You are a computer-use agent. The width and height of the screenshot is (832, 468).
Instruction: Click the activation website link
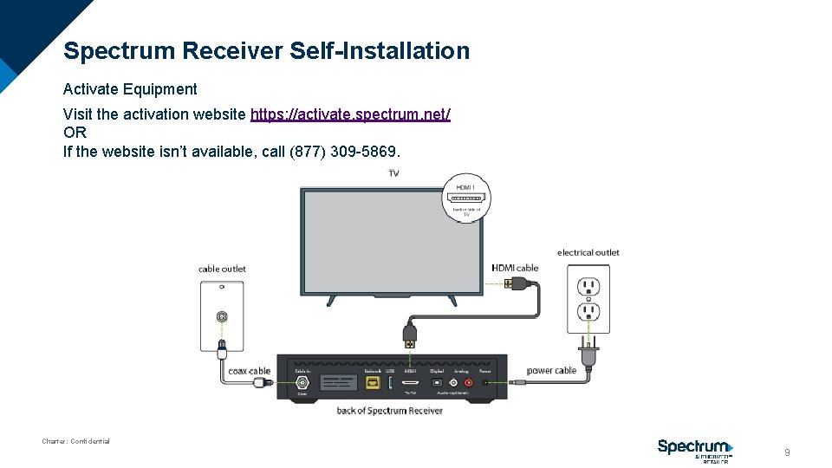tap(350, 114)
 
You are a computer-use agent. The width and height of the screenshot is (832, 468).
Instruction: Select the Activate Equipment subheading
tap(130, 89)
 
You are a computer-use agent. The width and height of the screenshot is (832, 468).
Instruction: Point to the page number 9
tap(787, 452)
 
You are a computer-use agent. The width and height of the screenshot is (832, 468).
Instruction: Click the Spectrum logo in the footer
tap(695, 448)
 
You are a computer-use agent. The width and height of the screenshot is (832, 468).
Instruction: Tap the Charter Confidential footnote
tap(75, 441)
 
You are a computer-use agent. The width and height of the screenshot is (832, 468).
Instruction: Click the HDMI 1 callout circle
tap(467, 198)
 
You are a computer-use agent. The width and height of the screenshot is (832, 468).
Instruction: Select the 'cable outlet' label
tap(222, 269)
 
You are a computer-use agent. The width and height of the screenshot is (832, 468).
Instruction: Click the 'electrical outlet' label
tap(588, 253)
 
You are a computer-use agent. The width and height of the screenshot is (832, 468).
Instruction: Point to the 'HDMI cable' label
tap(515, 268)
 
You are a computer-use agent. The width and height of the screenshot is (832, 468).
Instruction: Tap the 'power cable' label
tap(551, 371)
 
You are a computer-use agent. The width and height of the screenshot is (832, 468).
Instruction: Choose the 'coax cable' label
tap(249, 371)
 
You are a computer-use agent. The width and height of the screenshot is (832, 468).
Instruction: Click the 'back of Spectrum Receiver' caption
tap(389, 410)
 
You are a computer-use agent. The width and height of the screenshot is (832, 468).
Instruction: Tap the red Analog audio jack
tap(469, 381)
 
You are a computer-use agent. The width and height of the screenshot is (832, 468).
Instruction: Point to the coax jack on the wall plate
tap(223, 317)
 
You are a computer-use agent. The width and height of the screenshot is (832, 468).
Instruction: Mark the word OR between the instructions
tap(75, 133)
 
